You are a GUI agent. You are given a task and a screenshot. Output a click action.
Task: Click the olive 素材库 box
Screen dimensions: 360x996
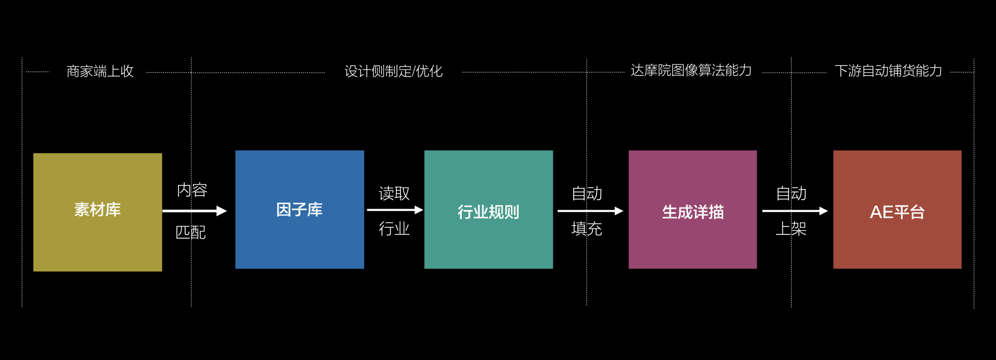point(98,212)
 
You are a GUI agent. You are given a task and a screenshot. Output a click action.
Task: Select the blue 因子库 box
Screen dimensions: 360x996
point(299,210)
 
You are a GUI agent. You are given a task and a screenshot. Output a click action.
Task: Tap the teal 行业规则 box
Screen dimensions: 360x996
point(488,210)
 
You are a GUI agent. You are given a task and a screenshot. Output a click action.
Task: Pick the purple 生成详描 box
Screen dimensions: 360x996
point(693,210)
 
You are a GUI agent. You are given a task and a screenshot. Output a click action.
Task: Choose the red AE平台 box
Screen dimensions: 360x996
point(897,210)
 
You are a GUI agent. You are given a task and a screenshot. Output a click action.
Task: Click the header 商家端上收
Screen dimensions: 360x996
point(100,71)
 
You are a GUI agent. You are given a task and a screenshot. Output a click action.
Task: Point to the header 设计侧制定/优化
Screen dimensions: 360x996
point(393,71)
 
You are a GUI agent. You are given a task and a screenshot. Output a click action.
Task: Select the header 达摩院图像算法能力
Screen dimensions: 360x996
point(691,71)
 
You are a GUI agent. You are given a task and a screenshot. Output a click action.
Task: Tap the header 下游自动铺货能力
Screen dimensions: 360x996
point(888,71)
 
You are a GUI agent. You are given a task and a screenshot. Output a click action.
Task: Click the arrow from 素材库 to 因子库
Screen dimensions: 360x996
point(195,211)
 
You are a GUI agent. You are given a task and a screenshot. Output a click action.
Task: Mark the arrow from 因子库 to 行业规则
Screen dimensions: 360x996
point(394,210)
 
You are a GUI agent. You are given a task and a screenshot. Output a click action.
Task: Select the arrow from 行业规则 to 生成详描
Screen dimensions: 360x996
point(590,211)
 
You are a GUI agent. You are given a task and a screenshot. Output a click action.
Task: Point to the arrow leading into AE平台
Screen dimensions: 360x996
point(794,211)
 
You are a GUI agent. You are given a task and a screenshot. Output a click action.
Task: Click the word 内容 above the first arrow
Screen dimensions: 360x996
point(192,190)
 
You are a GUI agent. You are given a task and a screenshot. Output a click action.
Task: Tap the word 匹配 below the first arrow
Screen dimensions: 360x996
point(190,232)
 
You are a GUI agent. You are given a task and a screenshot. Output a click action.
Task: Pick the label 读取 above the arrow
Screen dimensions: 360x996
point(394,193)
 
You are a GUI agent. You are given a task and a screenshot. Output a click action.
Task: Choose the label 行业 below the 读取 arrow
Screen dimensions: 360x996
point(394,228)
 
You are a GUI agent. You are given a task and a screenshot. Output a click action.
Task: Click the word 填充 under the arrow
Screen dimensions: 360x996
point(587,228)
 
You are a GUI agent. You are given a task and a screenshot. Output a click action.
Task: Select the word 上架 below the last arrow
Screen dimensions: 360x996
point(791,228)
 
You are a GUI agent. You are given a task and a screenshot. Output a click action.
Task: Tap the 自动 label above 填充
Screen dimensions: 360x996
point(587,193)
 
